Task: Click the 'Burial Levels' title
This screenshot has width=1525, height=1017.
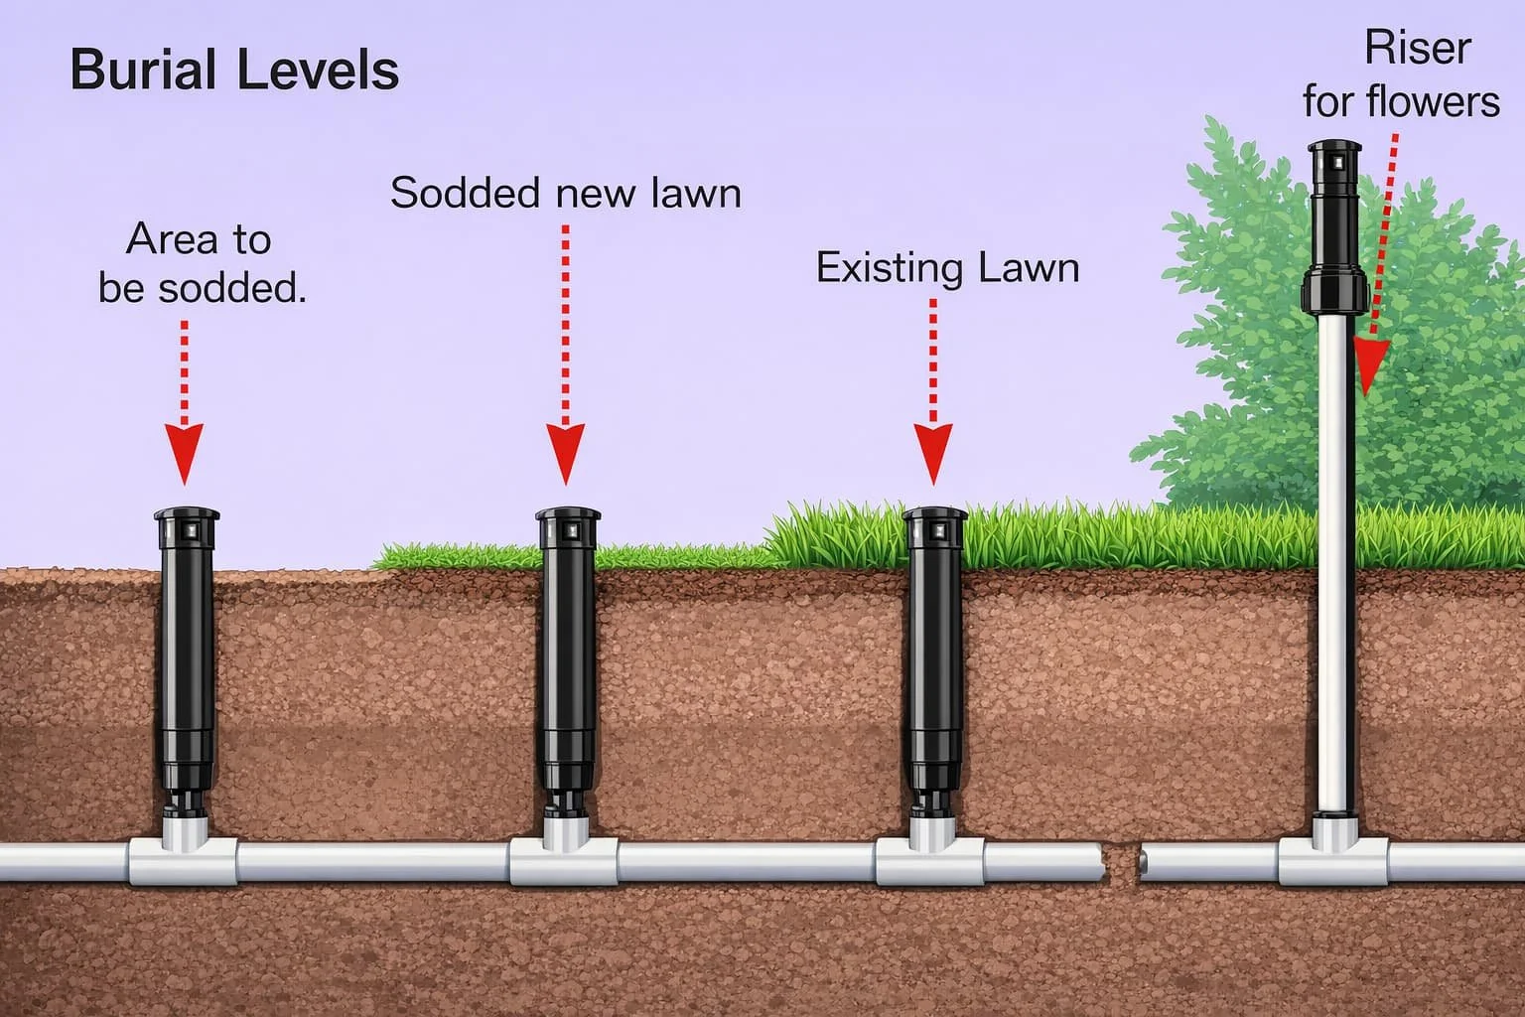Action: [234, 72]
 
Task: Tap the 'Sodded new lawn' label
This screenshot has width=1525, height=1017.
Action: [565, 193]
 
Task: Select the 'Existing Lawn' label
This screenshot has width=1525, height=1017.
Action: [947, 268]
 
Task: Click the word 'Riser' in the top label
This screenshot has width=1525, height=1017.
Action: [1417, 48]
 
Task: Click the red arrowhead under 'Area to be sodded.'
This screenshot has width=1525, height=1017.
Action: [184, 452]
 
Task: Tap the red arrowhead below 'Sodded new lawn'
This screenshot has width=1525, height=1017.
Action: [566, 452]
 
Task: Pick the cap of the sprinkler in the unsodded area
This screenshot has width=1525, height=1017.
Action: [186, 517]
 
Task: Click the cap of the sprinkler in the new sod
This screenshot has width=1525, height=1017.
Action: [568, 517]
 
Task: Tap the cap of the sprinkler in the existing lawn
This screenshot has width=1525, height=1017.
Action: [934, 517]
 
